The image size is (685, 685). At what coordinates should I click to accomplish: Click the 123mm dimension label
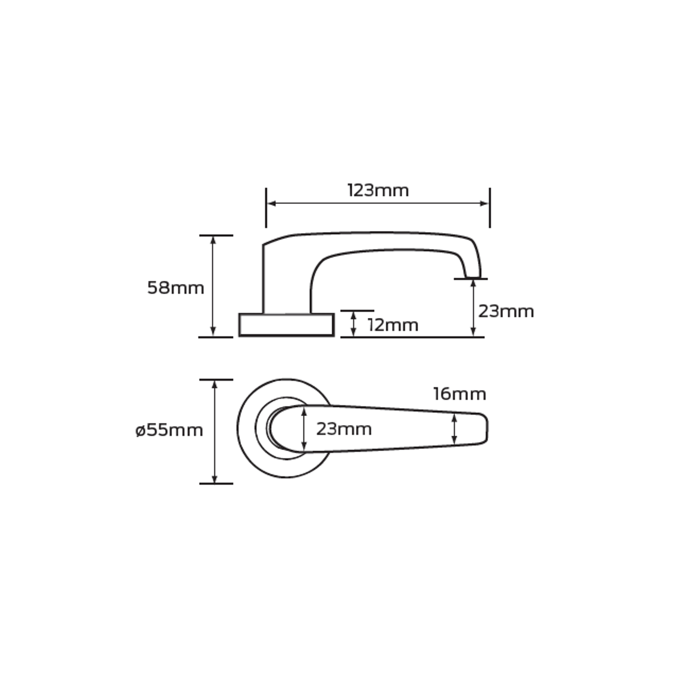point(378,190)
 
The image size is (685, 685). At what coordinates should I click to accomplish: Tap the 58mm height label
point(175,288)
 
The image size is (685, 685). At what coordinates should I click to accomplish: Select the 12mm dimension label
point(393,325)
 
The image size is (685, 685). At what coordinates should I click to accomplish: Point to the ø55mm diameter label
point(169,430)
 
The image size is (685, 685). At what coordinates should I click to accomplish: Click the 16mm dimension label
point(459,394)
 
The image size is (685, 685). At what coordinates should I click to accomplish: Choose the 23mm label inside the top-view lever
point(344,429)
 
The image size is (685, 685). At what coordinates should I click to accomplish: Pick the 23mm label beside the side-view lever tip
point(506,311)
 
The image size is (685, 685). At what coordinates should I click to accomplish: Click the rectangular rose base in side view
point(287,325)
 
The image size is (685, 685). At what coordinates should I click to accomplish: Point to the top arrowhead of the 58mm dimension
point(213,240)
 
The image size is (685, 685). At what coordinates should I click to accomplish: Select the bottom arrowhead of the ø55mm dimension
point(215,479)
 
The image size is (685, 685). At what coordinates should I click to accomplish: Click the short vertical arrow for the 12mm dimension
point(354,324)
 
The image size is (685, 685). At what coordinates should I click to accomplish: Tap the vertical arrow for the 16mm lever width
point(454,429)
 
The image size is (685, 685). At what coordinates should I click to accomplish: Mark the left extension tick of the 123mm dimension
point(266,208)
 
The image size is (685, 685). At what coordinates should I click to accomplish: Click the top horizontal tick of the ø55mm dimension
point(216,380)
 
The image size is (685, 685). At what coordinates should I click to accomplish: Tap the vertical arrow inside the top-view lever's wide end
point(304,429)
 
